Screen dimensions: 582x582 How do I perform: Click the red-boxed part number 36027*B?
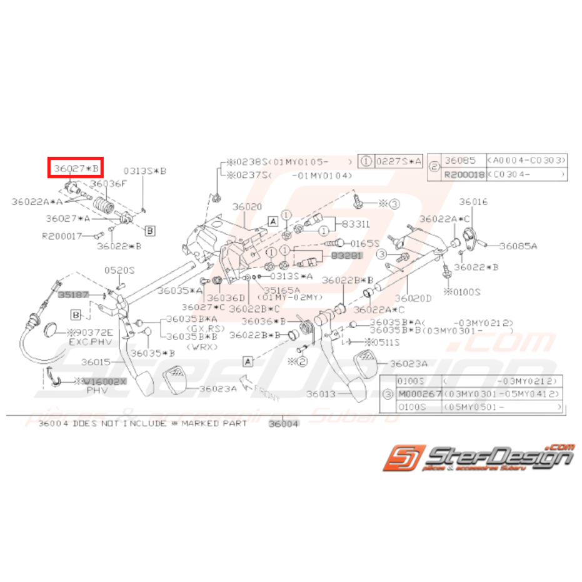[76, 168]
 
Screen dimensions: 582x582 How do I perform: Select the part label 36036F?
[108, 184]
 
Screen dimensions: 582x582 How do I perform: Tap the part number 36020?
[248, 206]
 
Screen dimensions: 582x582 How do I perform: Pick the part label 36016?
[473, 202]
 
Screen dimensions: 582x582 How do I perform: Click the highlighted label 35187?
[74, 293]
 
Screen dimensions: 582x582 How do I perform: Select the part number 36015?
[96, 362]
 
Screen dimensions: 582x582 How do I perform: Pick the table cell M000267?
[420, 394]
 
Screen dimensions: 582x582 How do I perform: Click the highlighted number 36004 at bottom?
[284, 423]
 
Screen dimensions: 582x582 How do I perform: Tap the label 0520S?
[119, 270]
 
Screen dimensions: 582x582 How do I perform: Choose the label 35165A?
[281, 290]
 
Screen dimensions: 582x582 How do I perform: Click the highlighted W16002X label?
[104, 381]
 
